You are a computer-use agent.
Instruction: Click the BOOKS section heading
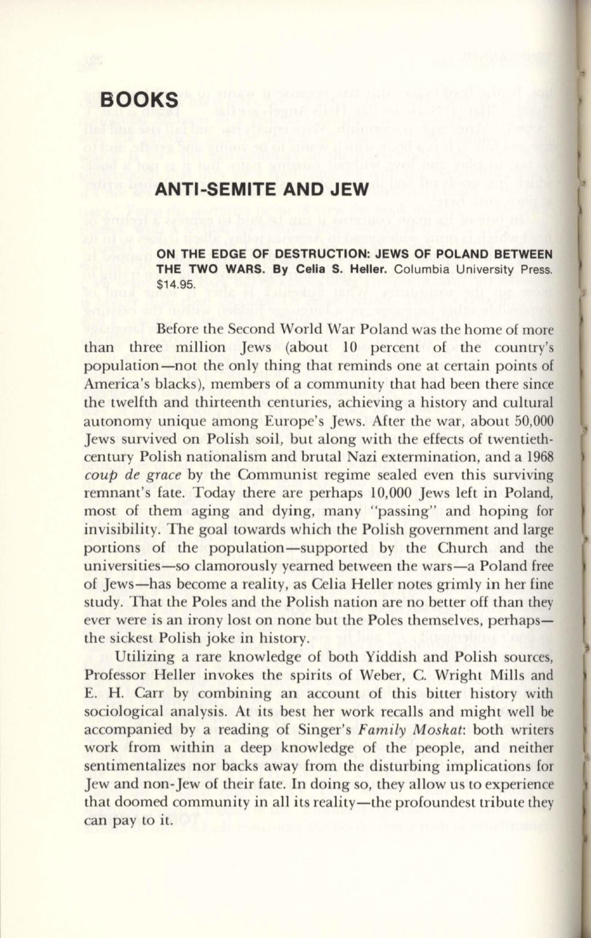[x=139, y=100]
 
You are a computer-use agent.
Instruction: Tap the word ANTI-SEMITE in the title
[x=208, y=190]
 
